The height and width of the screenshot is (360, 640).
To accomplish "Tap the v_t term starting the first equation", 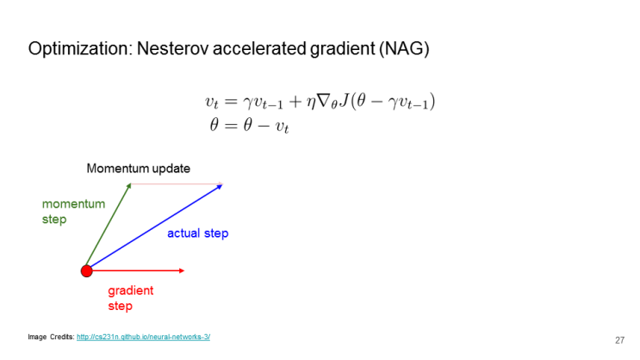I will click(213, 102).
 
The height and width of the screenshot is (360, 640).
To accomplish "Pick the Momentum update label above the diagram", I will click(138, 168).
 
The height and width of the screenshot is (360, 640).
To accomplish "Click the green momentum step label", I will click(73, 211).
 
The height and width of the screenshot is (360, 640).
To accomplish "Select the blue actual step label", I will click(197, 233).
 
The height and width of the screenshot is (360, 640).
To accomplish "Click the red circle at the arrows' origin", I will click(86, 271).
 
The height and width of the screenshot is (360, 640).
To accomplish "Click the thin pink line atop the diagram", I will click(177, 183).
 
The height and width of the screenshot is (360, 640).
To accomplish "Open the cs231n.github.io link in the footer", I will click(143, 337).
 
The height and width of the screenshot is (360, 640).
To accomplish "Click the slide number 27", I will click(619, 339).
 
